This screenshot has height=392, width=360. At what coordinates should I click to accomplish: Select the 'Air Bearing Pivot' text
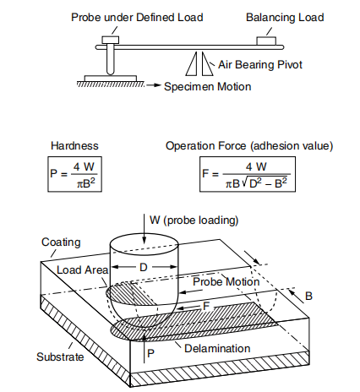258,63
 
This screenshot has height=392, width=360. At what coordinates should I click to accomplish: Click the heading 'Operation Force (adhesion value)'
249,144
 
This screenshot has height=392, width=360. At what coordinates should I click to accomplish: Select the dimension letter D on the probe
144,268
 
